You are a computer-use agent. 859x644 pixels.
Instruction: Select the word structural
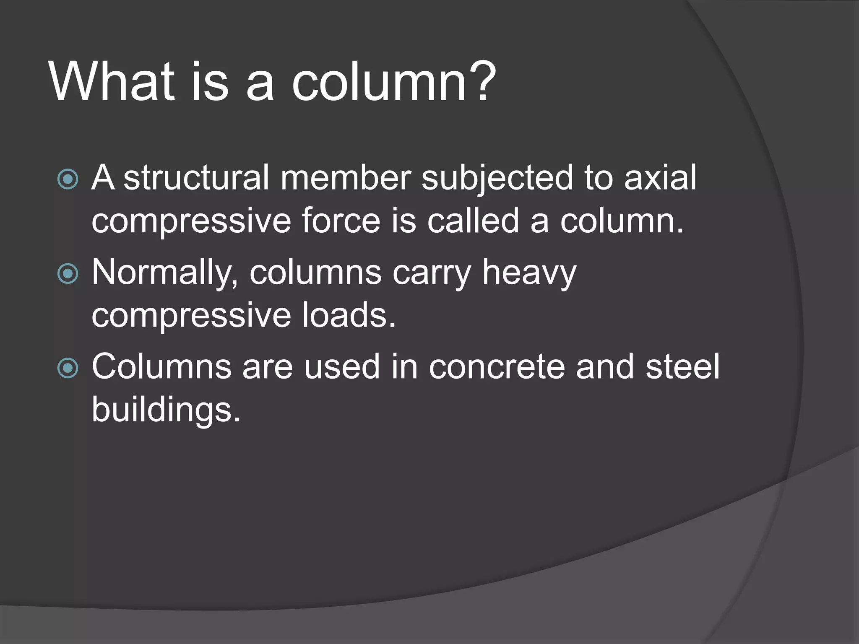[196, 178]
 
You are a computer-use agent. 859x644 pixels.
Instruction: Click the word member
[346, 178]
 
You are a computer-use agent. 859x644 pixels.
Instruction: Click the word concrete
[497, 367]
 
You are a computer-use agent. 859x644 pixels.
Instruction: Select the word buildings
[166, 410]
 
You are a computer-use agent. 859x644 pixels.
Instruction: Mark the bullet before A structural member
[68, 179]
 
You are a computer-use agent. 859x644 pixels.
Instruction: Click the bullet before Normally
[68, 274]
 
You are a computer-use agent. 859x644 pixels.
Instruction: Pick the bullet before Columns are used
[68, 368]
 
